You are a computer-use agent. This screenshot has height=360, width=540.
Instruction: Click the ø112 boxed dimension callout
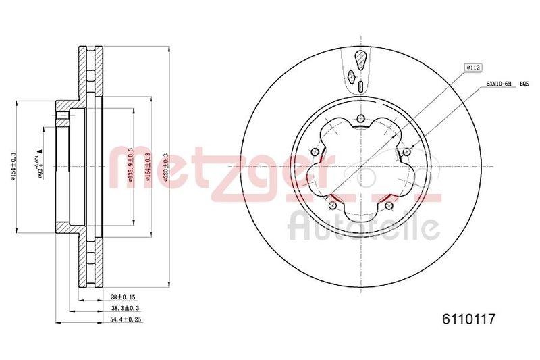point(472,68)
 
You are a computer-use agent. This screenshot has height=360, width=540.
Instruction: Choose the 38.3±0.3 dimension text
point(122,308)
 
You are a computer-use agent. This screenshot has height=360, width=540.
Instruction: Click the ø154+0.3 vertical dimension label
point(14,165)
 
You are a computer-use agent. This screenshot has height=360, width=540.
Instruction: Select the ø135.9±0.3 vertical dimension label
point(130,165)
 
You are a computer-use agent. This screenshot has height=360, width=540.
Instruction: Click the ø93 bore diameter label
point(41,165)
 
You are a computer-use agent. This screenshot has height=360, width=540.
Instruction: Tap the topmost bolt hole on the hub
point(360,120)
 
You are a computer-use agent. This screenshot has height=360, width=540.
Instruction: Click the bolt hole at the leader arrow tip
point(407,151)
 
